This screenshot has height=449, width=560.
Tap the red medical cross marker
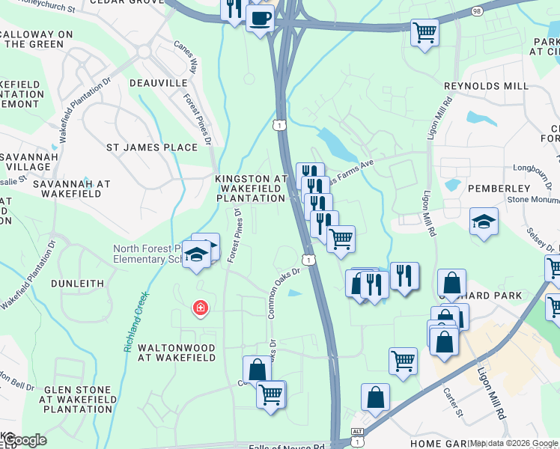tap(200, 308)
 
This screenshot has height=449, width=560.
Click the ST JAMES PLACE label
tap(152, 147)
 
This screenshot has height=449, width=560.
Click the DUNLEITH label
tap(77, 284)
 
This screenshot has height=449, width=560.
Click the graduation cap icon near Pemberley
tap(484, 221)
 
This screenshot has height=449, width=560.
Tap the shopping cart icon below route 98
tap(424, 33)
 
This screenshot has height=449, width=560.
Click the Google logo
tap(24, 440)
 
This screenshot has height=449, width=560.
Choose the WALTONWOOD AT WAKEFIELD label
tap(177, 353)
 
